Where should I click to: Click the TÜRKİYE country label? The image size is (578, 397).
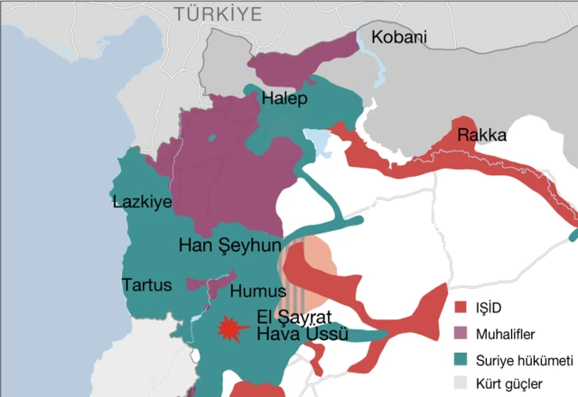coord(218,14)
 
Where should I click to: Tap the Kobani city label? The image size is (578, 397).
coord(396,38)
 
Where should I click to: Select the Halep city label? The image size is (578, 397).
coord(284,98)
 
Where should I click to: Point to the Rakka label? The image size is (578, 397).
coord(481,135)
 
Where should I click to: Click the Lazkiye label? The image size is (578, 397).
coord(142,201)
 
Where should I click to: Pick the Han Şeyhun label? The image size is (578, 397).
coord(230,245)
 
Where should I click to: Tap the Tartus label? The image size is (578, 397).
coord(146,285)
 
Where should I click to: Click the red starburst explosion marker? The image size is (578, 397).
coord(232,328)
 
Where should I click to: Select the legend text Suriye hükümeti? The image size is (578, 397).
coord(525,359)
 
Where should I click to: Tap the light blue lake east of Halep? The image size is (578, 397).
coord(317,139)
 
